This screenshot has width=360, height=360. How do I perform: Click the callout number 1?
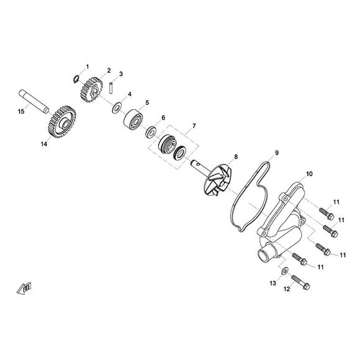(x=88, y=67)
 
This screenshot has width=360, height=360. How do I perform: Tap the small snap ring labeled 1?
(x=76, y=79)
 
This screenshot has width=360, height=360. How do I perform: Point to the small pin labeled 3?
(x=111, y=88)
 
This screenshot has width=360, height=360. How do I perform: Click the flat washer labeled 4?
(x=117, y=107)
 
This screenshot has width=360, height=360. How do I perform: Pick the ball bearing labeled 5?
(x=133, y=119)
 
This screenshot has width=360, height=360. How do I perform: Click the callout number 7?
(x=194, y=126)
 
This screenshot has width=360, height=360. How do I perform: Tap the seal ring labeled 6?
(x=151, y=132)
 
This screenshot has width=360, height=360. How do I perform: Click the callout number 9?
(x=277, y=153)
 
